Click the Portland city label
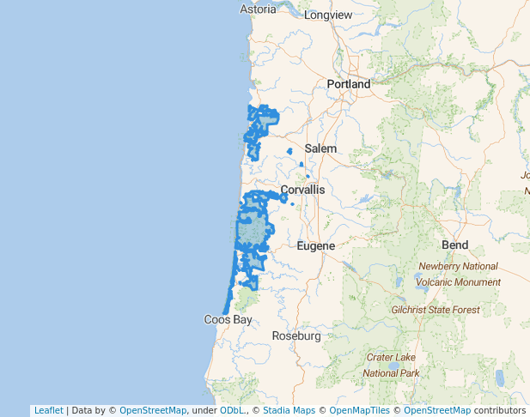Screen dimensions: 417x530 [x=348, y=84]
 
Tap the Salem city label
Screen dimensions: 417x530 [x=320, y=148]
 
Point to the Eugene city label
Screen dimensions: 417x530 [x=314, y=246]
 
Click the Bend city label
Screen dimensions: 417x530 [x=454, y=245]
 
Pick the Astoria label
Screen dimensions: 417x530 [x=258, y=9]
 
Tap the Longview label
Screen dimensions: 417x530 [x=328, y=15]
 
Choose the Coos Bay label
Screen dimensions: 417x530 [x=228, y=319]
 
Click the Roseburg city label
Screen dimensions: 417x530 [x=295, y=336]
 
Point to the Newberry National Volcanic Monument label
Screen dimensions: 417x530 [x=457, y=274]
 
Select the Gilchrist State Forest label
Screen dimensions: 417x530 [x=435, y=310]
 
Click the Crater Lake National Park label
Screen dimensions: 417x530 [x=391, y=365]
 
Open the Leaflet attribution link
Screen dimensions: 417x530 [x=48, y=411]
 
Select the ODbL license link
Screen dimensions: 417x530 [x=231, y=411]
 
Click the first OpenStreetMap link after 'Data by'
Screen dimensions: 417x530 [x=153, y=411]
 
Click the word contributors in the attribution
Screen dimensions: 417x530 [x=499, y=411]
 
